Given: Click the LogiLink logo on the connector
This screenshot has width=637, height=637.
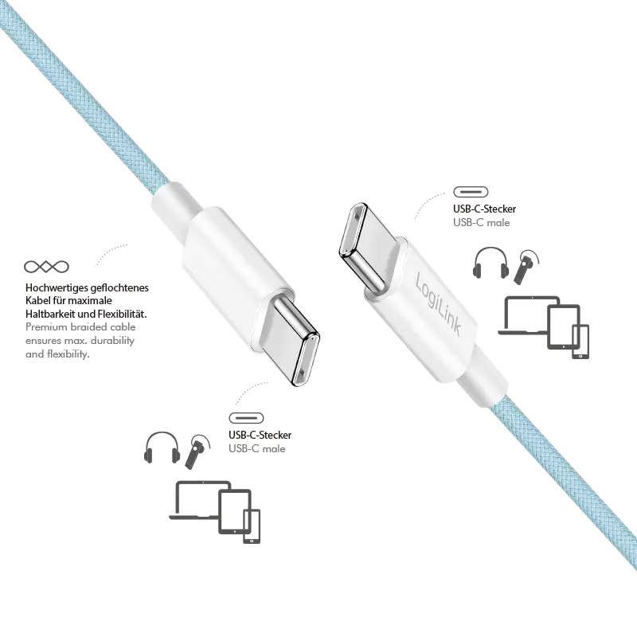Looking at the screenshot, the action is (439, 304).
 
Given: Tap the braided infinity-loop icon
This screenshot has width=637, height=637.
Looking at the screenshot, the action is (46, 267).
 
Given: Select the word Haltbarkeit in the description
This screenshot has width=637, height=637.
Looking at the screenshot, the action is (50, 314).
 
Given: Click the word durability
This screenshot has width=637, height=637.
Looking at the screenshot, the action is (112, 341).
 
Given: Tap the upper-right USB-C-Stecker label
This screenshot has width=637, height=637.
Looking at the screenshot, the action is (484, 209).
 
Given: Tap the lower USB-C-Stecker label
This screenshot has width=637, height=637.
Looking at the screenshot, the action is (260, 435).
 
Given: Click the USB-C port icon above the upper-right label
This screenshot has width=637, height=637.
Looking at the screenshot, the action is (471, 192).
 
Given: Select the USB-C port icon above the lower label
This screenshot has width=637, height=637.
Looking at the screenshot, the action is (246, 418).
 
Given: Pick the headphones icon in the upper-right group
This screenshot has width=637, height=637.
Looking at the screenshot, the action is (490, 263).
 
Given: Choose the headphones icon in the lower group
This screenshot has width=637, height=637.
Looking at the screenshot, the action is (162, 447).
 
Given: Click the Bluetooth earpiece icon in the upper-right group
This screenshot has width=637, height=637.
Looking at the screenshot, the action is (526, 267).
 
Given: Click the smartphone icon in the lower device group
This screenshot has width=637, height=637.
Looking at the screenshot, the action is (252, 526).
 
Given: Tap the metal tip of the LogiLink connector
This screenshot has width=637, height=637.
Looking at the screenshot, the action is (361, 247).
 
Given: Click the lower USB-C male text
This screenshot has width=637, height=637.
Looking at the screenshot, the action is (256, 449).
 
